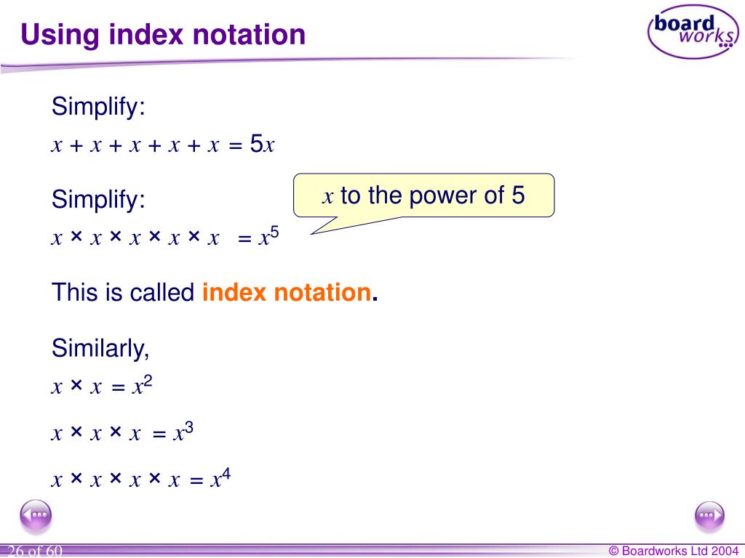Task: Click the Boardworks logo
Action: pyautogui.click(x=692, y=31)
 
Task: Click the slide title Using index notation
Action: pyautogui.click(x=163, y=34)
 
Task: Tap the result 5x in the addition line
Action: pyautogui.click(x=262, y=145)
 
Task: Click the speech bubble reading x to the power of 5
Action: pyautogui.click(x=423, y=195)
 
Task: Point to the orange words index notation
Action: pyautogui.click(x=287, y=293)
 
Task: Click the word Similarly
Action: pyautogui.click(x=100, y=349)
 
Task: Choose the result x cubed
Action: pyautogui.click(x=182, y=432)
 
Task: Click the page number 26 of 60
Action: pyautogui.click(x=35, y=552)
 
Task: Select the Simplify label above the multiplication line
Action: pyautogui.click(x=98, y=199)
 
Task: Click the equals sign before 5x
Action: pyautogui.click(x=234, y=146)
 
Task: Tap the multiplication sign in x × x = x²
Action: pyautogui.click(x=76, y=387)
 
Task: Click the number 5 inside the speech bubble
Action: pyautogui.click(x=517, y=195)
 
